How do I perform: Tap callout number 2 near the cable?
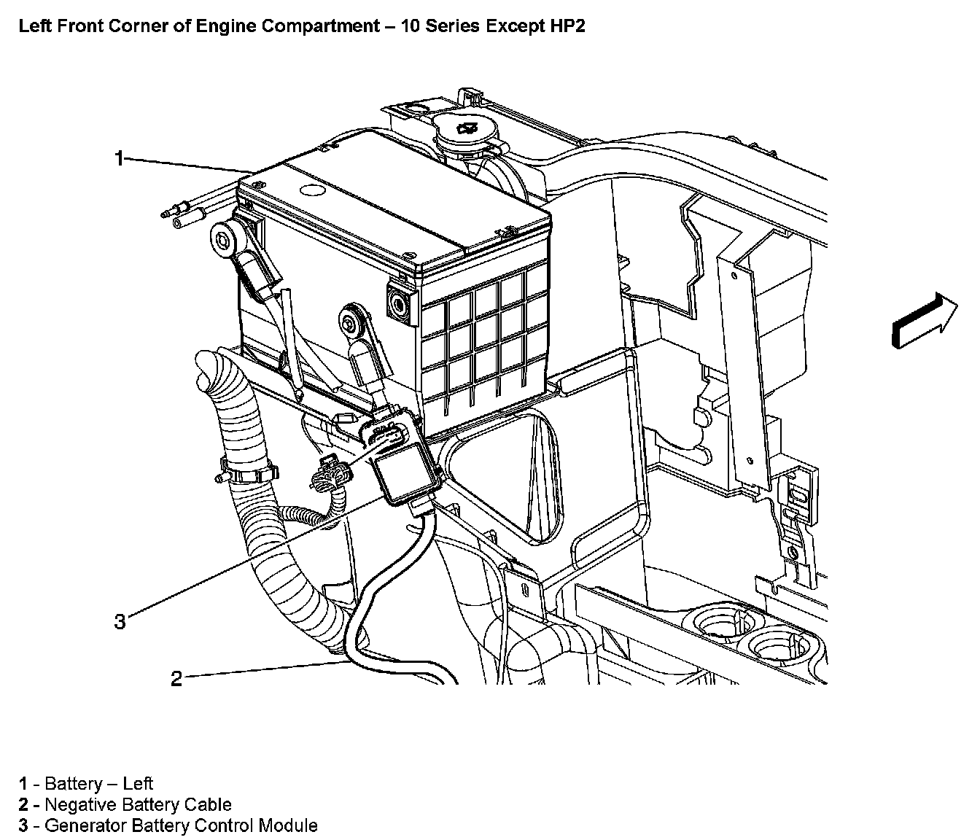[176, 679]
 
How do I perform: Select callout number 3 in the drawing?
[120, 621]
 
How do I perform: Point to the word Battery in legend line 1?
[73, 784]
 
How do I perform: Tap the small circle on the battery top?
[312, 191]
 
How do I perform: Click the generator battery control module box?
[405, 474]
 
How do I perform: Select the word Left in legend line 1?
[138, 784]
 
